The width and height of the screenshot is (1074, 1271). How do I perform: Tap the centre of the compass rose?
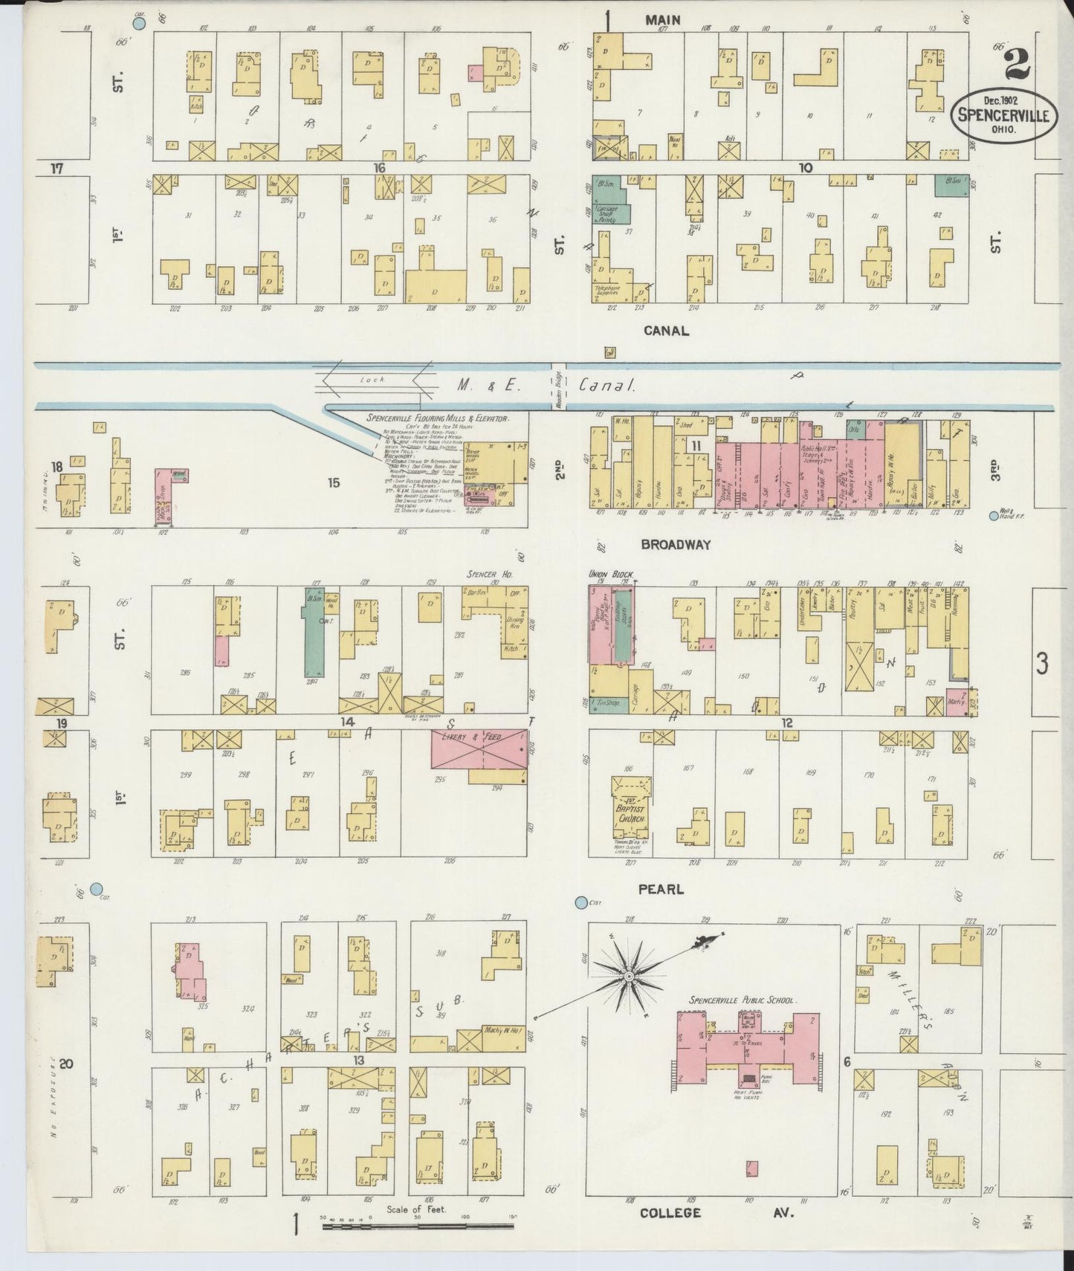629,975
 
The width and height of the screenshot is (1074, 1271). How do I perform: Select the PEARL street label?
661,889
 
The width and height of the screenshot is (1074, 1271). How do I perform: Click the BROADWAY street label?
675,544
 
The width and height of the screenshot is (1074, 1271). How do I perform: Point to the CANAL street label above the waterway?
666,331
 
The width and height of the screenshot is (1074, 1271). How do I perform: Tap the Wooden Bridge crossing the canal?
559,387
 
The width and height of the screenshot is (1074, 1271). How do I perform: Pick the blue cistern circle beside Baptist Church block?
581,902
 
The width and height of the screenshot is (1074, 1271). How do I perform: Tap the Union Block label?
608,575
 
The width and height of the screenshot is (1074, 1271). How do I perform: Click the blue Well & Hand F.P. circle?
994,516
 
